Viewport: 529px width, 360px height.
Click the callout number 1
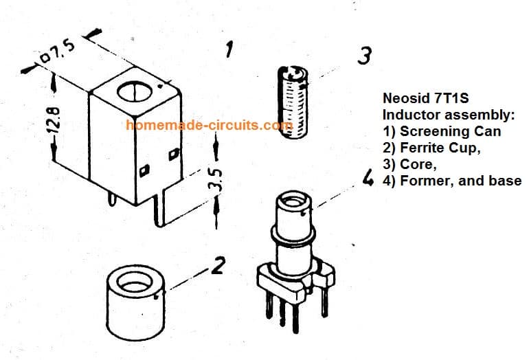tap(229, 49)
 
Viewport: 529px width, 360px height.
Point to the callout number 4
tap(368, 179)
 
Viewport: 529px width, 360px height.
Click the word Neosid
tap(403, 98)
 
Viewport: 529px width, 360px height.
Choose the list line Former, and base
tap(453, 181)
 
